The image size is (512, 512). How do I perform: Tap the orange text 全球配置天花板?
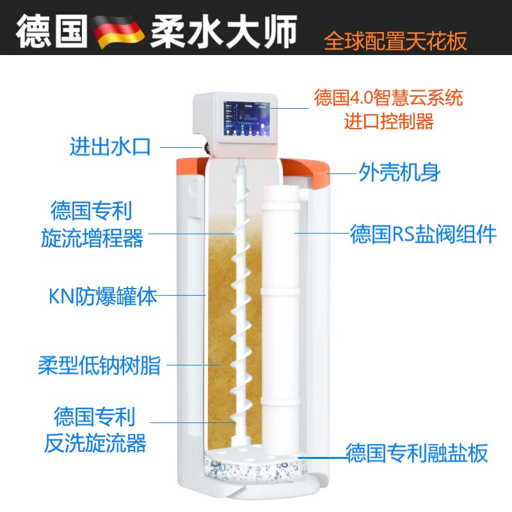click(396, 40)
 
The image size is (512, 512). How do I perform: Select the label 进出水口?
click(109, 147)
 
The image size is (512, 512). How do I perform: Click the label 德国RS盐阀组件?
click(423, 234)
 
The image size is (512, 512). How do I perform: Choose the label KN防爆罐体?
click(102, 296)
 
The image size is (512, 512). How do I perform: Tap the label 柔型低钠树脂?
click(99, 367)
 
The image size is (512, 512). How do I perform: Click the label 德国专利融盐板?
click(417, 453)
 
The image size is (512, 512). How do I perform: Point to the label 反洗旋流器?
click(95, 442)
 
